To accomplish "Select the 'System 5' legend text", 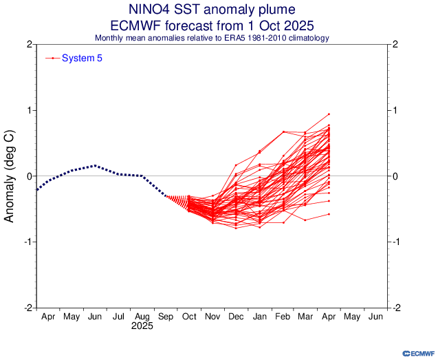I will pyautogui.click(x=82, y=58).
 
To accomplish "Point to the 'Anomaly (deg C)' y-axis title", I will pyautogui.click(x=10, y=177).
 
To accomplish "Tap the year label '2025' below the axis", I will pyautogui.click(x=142, y=326).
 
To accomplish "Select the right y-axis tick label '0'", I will pyautogui.click(x=396, y=176).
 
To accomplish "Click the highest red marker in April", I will pyautogui.click(x=329, y=114).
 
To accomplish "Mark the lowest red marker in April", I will pyautogui.click(x=329, y=214).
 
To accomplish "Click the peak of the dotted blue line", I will pyautogui.click(x=95, y=165).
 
